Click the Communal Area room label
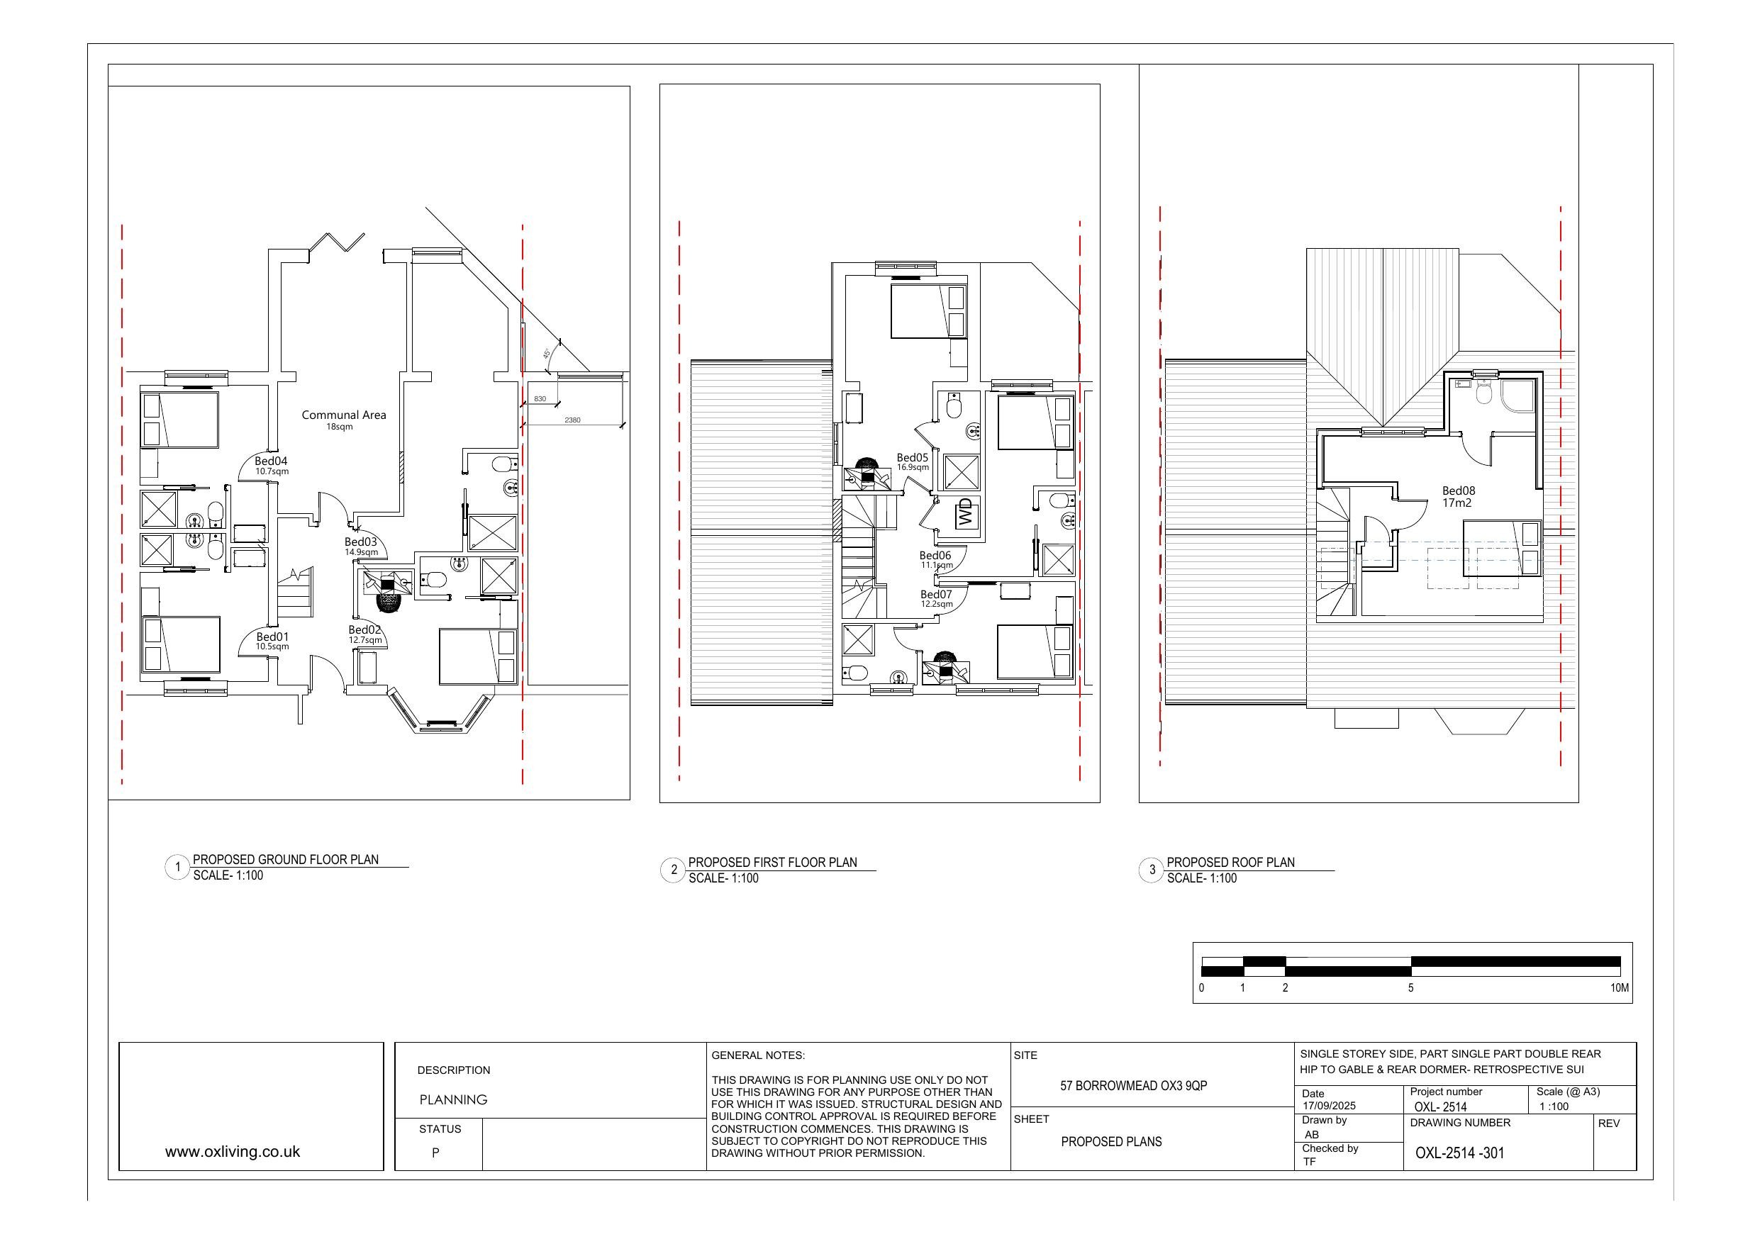(x=343, y=415)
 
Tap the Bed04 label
(x=272, y=461)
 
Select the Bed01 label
(x=272, y=637)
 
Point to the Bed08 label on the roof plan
(x=1458, y=491)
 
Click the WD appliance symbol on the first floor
(x=965, y=512)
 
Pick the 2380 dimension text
(x=572, y=420)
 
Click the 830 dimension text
(x=540, y=399)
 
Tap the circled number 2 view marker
(x=674, y=870)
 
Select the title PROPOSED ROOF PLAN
(x=1230, y=862)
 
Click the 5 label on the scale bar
(x=1410, y=988)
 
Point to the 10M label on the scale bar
(x=1619, y=988)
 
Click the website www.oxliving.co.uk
(x=233, y=1152)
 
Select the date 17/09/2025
(x=1329, y=1106)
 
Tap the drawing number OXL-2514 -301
(x=1459, y=1153)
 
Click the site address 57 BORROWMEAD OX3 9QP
(x=1133, y=1086)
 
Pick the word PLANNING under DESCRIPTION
(x=453, y=1100)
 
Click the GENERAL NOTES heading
(x=757, y=1055)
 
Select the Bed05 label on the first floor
(x=912, y=458)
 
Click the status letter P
(x=435, y=1153)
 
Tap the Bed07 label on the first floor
(x=936, y=595)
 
